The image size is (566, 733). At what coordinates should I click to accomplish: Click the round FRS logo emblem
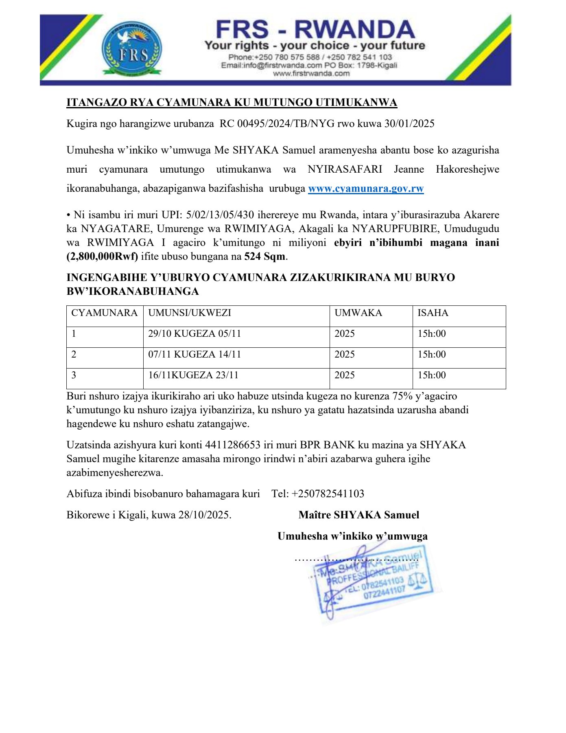click(131, 50)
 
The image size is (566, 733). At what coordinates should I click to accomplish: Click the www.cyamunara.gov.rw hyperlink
click(366, 189)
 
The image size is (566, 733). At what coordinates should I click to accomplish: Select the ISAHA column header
click(433, 313)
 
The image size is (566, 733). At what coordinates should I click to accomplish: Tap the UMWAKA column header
click(358, 313)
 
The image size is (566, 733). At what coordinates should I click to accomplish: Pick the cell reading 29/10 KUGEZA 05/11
click(194, 334)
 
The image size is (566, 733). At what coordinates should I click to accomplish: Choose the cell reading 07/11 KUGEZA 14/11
click(194, 354)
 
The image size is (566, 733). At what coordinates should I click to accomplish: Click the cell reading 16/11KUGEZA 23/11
click(193, 375)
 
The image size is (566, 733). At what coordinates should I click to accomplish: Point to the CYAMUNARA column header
click(104, 313)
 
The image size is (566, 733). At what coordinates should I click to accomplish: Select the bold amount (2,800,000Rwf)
click(102, 257)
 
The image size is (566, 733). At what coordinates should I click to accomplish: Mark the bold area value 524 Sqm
click(265, 257)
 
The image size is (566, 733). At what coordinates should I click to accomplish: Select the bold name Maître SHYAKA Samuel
click(358, 515)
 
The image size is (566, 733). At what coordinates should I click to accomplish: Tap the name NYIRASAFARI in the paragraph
click(345, 169)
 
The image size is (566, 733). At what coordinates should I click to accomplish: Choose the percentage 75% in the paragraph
click(402, 396)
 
